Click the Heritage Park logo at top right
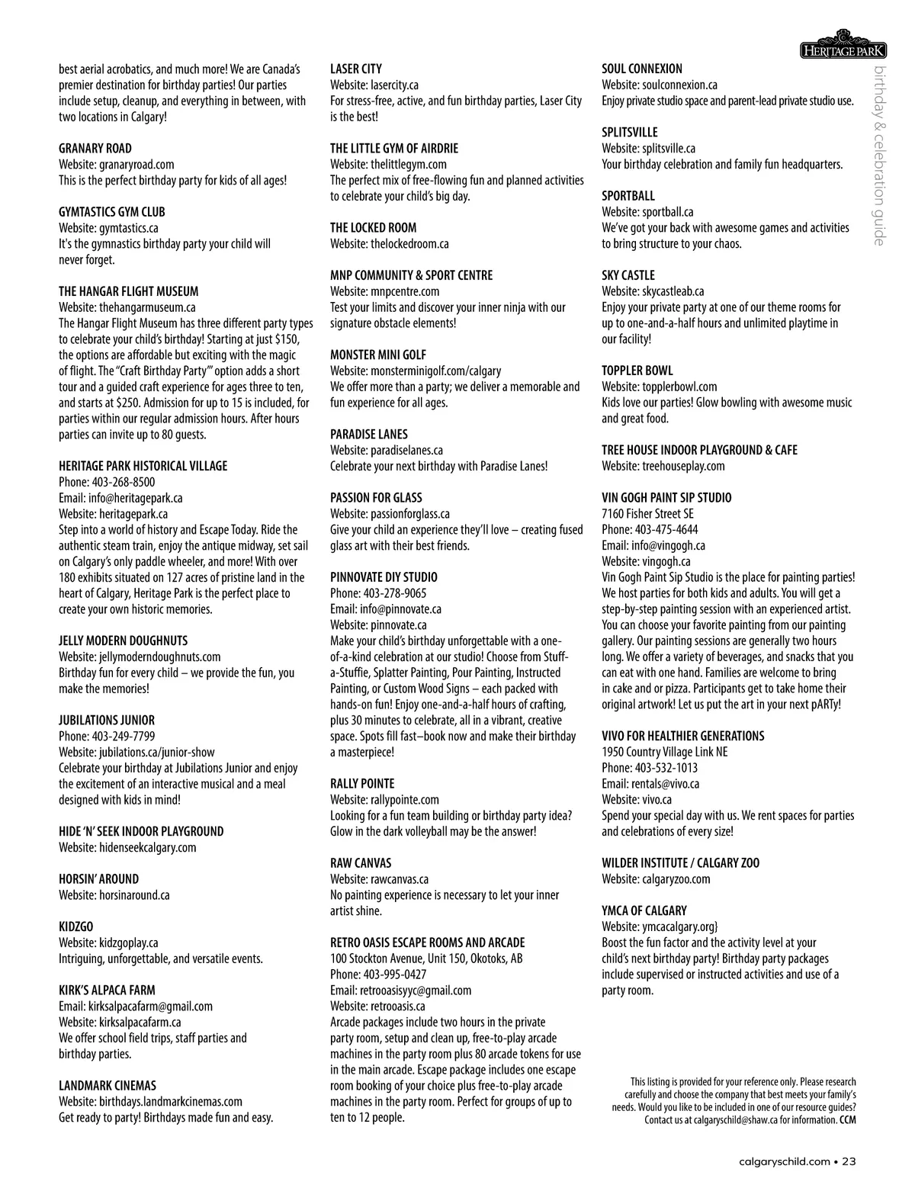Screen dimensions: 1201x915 [843, 47]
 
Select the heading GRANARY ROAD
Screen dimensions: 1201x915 [95, 148]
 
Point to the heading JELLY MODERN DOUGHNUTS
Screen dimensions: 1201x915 [123, 641]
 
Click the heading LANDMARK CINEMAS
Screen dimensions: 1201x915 [108, 1085]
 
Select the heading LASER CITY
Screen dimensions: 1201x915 [356, 69]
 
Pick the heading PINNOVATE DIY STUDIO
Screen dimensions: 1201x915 [384, 577]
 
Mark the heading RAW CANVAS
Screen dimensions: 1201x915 [361, 863]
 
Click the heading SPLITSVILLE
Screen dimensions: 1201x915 [630, 132]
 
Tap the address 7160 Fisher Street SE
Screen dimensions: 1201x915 [647, 514]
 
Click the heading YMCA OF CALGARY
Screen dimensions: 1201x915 [644, 910]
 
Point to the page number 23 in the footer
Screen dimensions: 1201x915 [849, 1161]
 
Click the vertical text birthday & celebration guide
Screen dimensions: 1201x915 [879, 156]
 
